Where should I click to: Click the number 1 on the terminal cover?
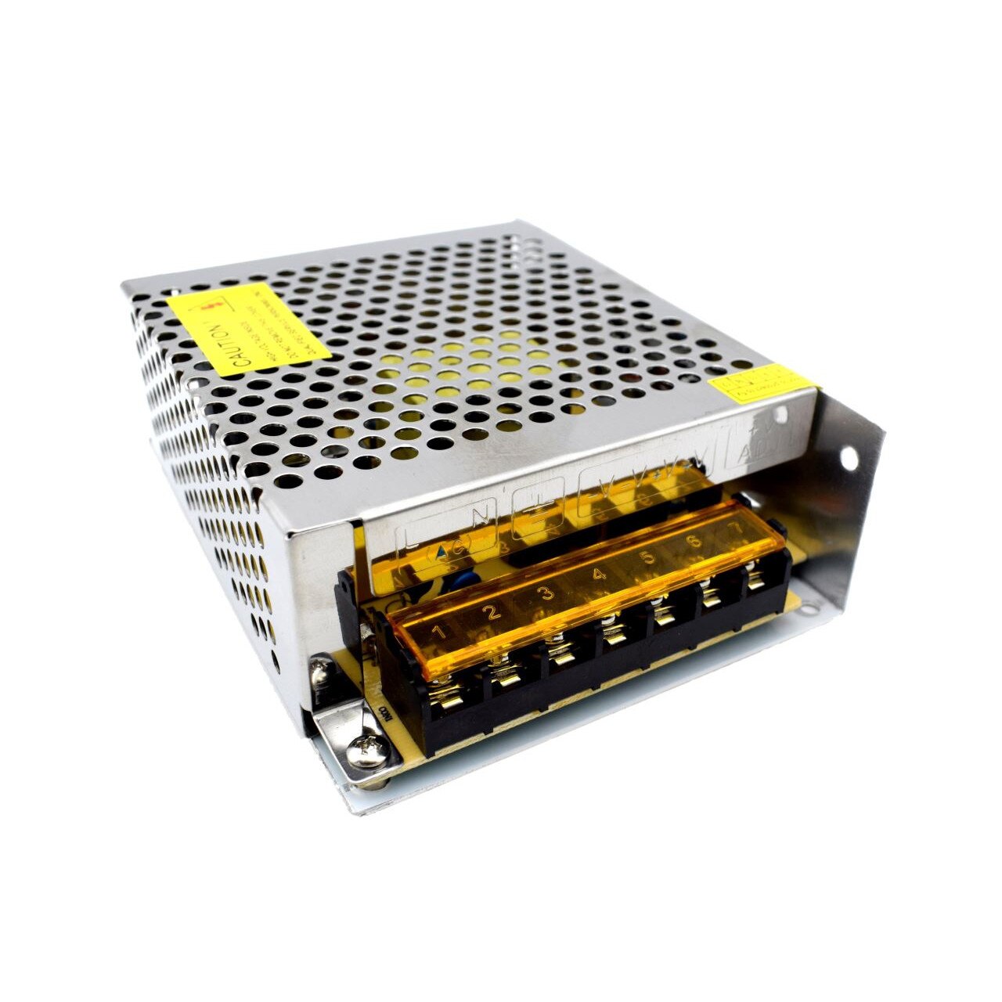(x=440, y=630)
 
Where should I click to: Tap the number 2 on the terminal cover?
(x=493, y=612)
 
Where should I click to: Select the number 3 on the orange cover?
(x=546, y=593)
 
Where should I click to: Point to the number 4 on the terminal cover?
(x=599, y=575)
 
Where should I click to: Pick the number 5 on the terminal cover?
(x=647, y=557)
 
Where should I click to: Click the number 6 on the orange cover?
(x=692, y=542)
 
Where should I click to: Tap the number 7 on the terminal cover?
(x=734, y=527)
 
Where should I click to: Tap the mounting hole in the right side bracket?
(x=849, y=456)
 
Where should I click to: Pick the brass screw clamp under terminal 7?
(x=755, y=582)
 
